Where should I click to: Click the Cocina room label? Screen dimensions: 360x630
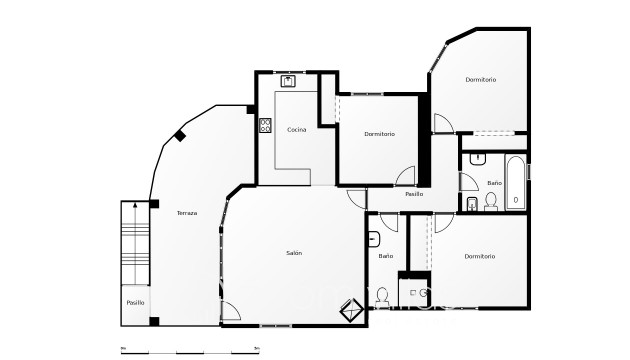296,130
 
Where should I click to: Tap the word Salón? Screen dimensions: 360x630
294,253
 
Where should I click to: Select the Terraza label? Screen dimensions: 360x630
187,213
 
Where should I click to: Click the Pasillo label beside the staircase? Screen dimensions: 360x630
134,302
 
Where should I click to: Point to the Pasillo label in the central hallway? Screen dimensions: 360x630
414,194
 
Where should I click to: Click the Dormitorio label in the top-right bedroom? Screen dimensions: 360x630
481,79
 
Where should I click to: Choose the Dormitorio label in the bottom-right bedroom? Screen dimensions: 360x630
480,257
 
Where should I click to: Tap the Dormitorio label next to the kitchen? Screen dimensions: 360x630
379,134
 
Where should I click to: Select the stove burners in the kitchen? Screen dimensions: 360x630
266,126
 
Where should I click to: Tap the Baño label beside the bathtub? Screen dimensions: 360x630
494,183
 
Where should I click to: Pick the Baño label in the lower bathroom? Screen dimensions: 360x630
385,256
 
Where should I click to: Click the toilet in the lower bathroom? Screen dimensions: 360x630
382,296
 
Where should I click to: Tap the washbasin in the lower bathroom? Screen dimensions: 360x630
373,239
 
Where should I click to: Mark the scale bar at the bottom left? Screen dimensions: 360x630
190,350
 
